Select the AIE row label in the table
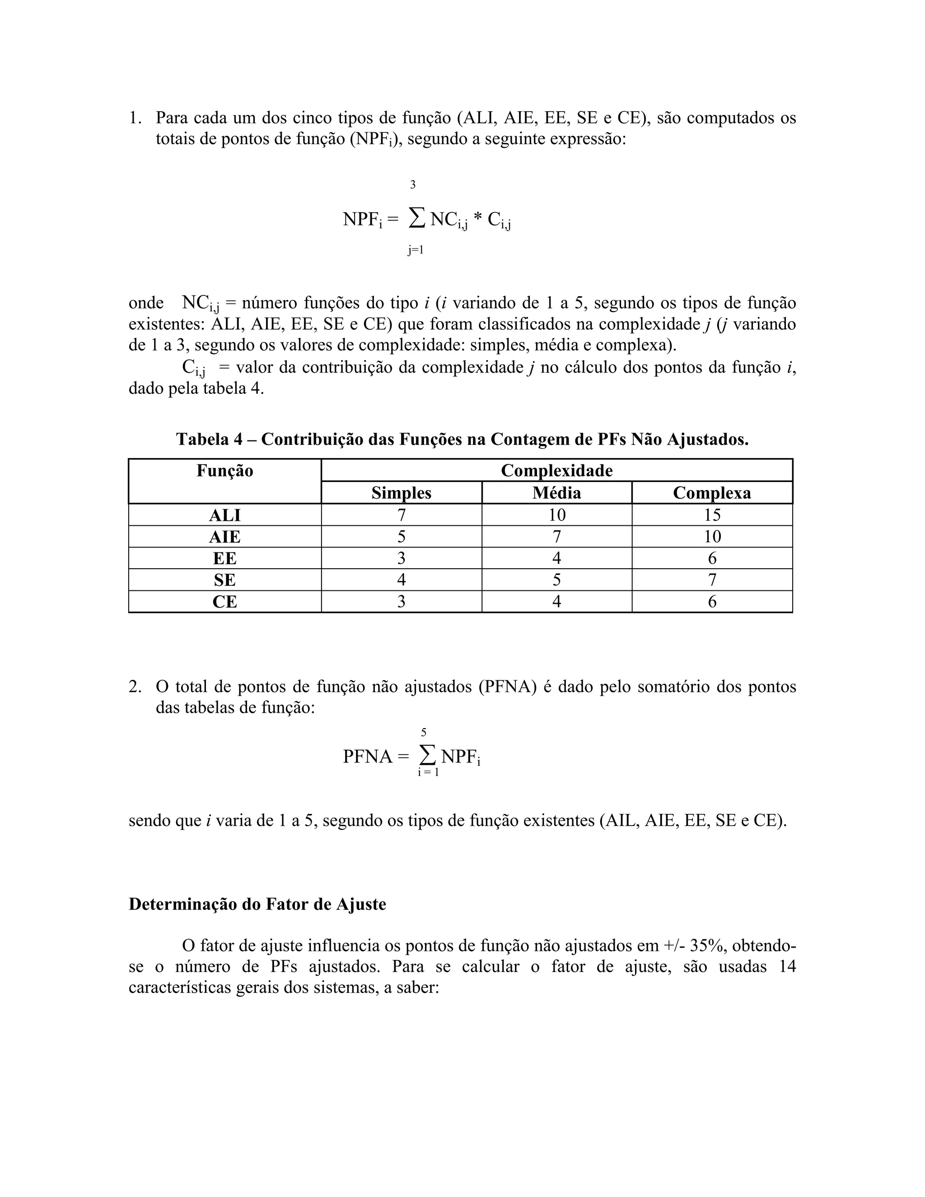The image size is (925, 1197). click(224, 537)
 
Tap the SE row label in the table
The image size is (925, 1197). click(224, 580)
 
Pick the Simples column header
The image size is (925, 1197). click(401, 493)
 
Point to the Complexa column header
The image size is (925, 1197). click(711, 493)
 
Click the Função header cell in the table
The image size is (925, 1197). click(224, 471)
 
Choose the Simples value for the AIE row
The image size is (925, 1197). click(401, 537)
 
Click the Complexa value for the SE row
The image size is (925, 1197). click(712, 580)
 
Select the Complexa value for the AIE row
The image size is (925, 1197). click(712, 537)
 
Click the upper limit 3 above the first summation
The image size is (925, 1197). click(413, 185)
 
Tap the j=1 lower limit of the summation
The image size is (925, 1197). click(416, 251)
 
